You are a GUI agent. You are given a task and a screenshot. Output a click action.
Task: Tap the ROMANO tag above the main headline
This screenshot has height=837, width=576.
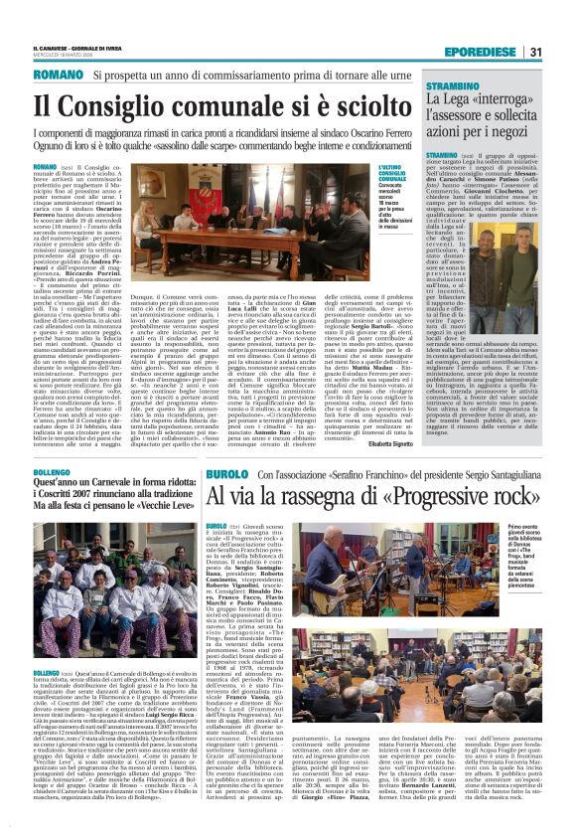click(57, 76)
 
